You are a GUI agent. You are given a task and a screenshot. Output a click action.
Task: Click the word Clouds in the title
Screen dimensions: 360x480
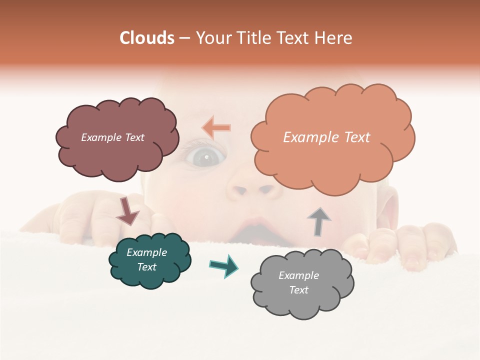coord(147,38)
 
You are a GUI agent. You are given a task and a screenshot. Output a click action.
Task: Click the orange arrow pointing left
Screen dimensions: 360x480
coord(216,128)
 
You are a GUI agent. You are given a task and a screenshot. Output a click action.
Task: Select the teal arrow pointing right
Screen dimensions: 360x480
coord(224,265)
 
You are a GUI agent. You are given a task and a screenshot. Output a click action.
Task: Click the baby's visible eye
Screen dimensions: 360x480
coord(204,158)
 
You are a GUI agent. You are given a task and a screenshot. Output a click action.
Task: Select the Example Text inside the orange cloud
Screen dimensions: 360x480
coord(326,137)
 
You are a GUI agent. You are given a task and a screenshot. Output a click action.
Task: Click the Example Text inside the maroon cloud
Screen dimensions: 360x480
coord(112,137)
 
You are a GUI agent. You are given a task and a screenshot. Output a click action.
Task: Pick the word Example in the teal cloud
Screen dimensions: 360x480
coord(146,252)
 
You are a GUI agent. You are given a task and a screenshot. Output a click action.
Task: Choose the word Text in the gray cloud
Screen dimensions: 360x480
coord(298,290)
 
